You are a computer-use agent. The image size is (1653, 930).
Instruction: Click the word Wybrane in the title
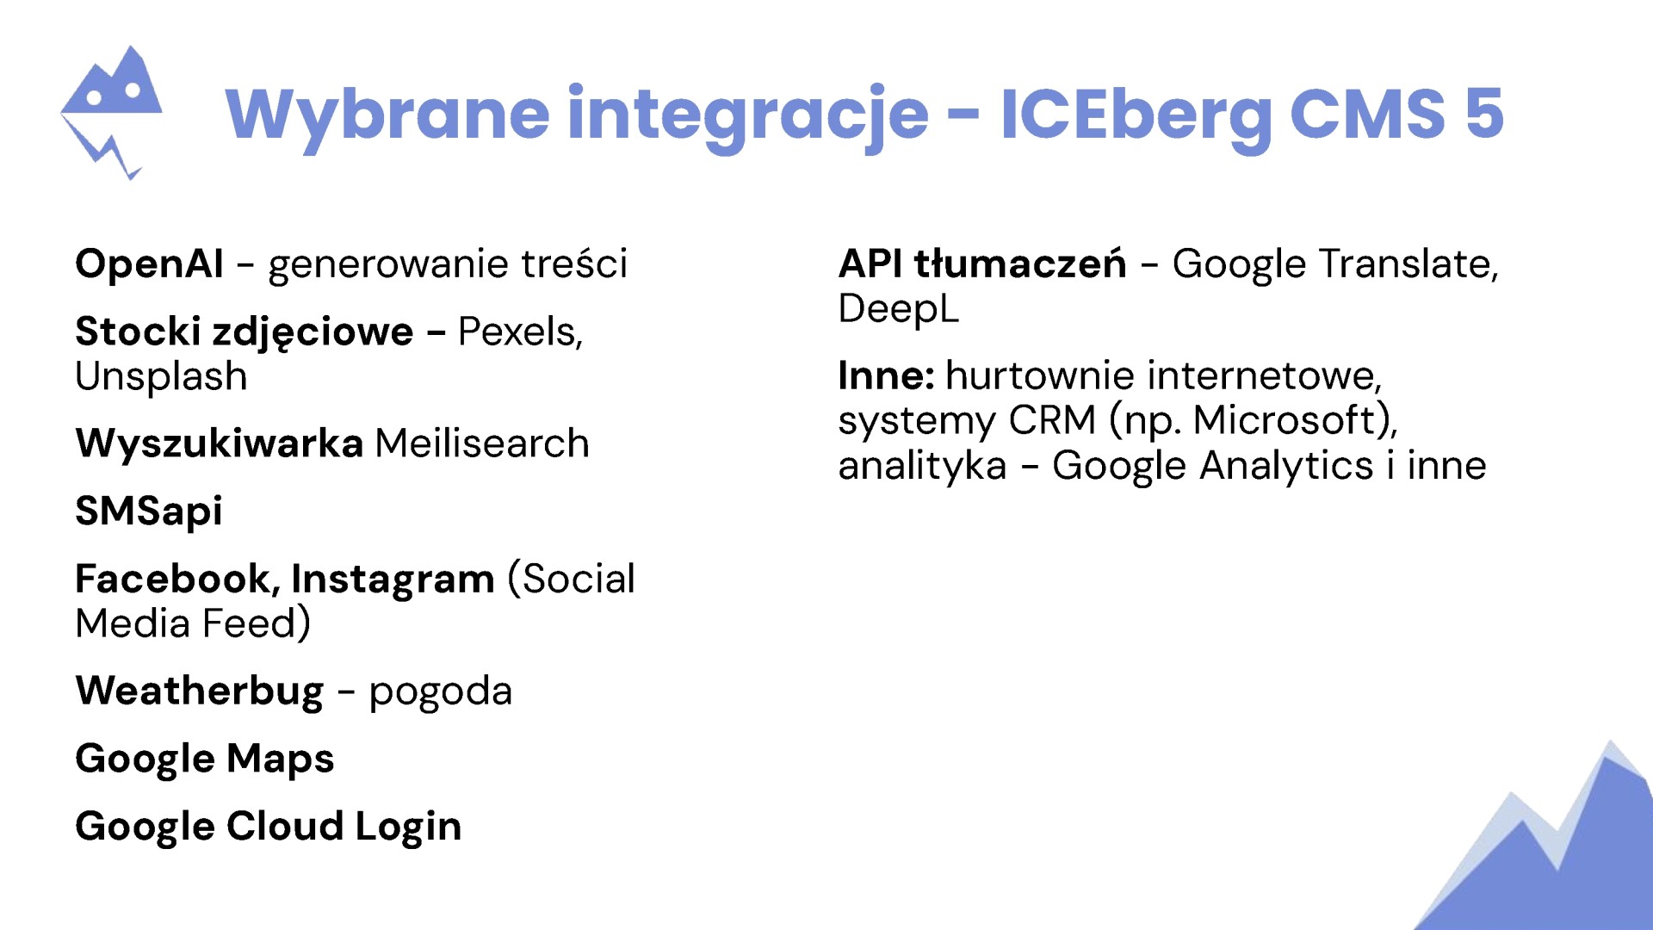[x=387, y=115]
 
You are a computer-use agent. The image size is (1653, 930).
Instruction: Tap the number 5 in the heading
[x=1484, y=113]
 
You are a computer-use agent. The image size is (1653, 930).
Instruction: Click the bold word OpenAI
[x=150, y=263]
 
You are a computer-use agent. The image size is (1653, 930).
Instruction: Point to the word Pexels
[x=520, y=332]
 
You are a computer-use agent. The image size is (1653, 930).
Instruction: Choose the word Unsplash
[x=162, y=377]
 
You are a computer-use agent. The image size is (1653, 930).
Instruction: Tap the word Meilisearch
[x=482, y=443]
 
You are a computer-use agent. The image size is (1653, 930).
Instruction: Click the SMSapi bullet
[x=149, y=512]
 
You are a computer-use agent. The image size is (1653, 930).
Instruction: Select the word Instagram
[x=393, y=580]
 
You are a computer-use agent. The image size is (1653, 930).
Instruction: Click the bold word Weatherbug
[x=200, y=691]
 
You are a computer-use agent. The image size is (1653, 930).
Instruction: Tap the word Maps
[x=281, y=759]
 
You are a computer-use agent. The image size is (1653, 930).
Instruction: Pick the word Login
[x=409, y=827]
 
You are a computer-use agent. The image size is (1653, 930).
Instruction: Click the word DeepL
[x=898, y=308]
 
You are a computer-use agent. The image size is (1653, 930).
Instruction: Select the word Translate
[x=1408, y=264]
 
